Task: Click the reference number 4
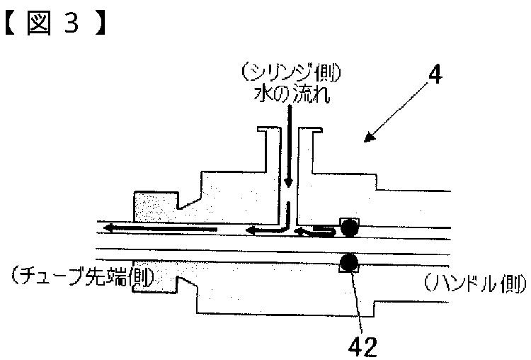[435, 74]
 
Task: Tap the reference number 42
[362, 347]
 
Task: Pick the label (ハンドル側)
[475, 283]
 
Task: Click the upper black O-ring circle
[349, 227]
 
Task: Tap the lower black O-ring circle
[349, 262]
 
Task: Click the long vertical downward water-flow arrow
[289, 146]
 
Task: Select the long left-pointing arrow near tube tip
[160, 228]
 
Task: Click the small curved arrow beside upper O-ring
[316, 232]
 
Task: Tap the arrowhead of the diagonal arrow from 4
[369, 137]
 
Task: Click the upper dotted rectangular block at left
[156, 207]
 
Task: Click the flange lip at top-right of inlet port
[317, 130]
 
